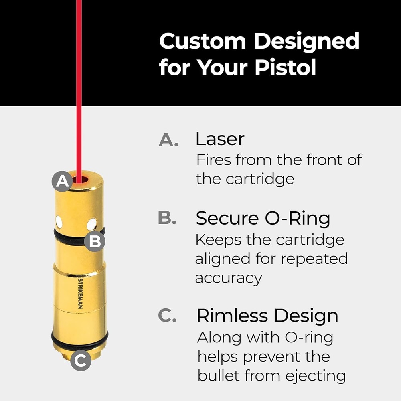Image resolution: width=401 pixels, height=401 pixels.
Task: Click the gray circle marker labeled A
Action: click(x=62, y=182)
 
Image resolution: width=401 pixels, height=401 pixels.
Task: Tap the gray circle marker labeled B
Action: click(x=95, y=242)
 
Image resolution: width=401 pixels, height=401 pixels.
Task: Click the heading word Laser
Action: click(x=220, y=139)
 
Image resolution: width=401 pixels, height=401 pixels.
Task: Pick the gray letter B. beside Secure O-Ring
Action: click(x=167, y=218)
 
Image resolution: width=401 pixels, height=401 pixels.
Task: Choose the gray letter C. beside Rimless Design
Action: click(x=167, y=316)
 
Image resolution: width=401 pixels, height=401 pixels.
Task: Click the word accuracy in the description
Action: click(x=229, y=277)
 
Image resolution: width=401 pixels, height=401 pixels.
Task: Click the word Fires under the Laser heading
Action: click(x=213, y=160)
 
